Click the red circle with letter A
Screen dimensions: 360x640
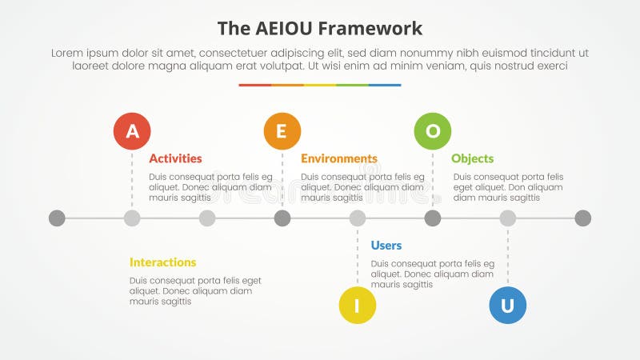(132, 131)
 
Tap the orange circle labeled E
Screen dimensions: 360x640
(282, 131)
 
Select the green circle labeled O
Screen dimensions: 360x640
(433, 131)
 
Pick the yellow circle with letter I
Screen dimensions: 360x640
(358, 305)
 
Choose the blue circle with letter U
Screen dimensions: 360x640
(507, 305)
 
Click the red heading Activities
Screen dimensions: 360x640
(175, 158)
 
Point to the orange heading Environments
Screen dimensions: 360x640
(338, 158)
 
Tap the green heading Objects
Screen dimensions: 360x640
(472, 158)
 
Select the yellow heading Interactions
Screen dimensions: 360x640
(162, 262)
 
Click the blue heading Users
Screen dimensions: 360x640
(386, 246)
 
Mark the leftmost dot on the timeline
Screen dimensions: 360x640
(57, 218)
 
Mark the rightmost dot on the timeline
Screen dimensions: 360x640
(583, 218)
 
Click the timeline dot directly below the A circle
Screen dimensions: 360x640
(132, 218)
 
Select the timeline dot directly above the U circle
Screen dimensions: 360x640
(508, 218)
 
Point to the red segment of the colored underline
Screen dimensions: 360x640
(254, 85)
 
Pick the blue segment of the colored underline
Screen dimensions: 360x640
(385, 85)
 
